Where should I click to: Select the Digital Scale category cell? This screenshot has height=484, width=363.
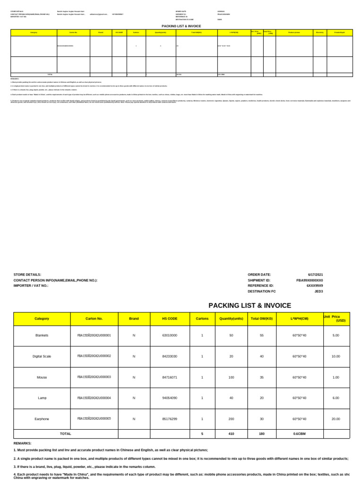tap(42, 356)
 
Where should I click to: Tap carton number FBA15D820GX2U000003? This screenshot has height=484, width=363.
tap(94, 377)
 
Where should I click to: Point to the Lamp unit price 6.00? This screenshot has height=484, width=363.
tap(336, 398)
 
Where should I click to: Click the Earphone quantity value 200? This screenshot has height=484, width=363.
tap(231, 419)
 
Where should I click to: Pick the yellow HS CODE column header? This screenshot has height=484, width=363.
tap(170, 319)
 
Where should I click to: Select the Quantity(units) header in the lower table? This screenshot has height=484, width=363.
tap(231, 319)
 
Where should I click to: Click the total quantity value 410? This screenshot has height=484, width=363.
tap(231, 433)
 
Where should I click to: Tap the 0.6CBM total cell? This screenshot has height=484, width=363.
tap(300, 433)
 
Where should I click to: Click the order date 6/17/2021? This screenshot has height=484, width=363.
tap(315, 275)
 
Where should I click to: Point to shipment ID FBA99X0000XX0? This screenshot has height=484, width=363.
tap(310, 280)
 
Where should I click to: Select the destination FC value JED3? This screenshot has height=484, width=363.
tap(319, 291)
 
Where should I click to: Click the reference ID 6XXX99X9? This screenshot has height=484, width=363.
tap(315, 285)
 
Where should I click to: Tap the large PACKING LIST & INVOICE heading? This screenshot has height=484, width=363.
tap(250, 305)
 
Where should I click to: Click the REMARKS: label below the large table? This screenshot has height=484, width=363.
tap(23, 443)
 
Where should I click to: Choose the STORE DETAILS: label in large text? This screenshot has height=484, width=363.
tap(27, 275)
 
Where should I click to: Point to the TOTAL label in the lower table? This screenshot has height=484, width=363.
tap(66, 433)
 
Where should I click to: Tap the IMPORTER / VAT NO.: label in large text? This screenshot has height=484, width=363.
tap(31, 285)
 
